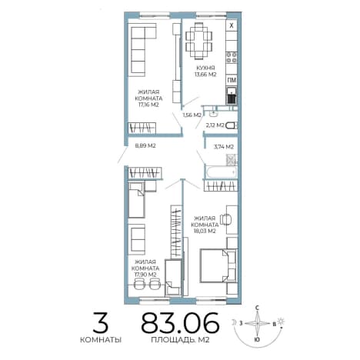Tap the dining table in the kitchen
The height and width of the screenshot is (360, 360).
[199, 41]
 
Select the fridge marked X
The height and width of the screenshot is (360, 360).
[232, 25]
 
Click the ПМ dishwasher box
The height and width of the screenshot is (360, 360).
[232, 81]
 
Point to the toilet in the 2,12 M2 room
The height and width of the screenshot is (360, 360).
[232, 125]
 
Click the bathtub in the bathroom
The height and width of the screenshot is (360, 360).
[222, 172]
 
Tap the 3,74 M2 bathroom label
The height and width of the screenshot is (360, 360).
[224, 147]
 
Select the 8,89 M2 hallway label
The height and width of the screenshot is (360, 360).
[145, 145]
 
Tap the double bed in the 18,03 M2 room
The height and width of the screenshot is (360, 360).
[218, 265]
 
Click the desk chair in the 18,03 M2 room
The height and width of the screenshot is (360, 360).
[226, 219]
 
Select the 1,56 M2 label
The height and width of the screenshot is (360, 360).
[192, 115]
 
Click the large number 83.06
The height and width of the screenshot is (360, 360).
[180, 322]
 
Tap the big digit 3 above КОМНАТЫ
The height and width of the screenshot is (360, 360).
[101, 322]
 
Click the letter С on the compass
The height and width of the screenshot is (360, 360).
[257, 308]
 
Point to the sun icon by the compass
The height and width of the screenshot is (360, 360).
[282, 321]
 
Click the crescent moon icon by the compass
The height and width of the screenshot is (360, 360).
[234, 322]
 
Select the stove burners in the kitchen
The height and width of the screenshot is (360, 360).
[232, 58]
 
